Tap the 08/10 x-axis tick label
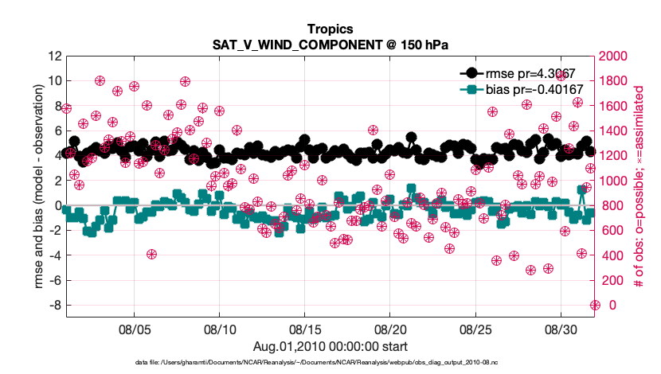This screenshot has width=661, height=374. tap(219, 329)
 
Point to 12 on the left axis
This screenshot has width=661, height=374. tap(54, 56)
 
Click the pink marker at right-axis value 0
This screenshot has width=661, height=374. tap(594, 305)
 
